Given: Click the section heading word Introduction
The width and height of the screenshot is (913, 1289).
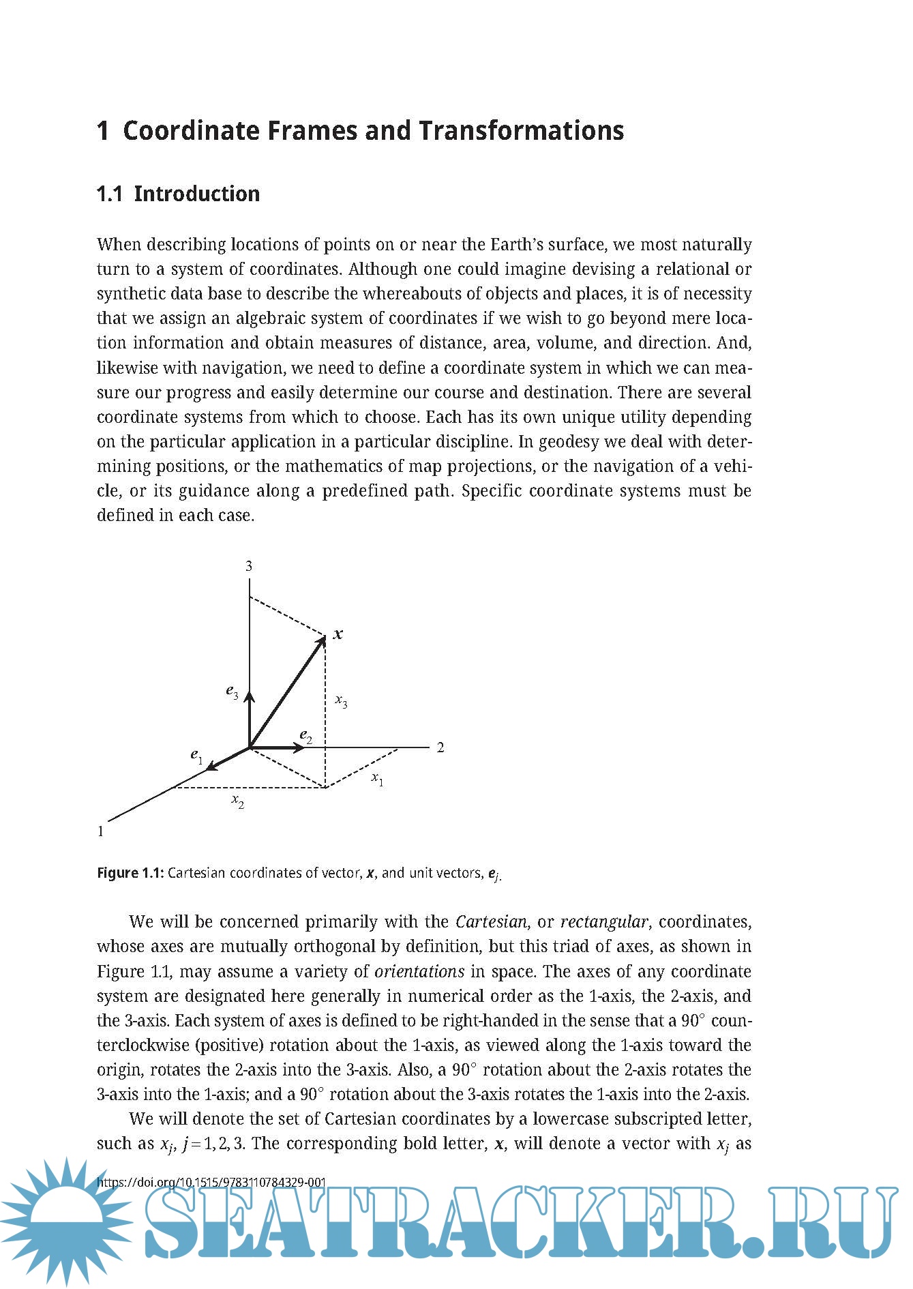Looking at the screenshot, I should pos(196,194).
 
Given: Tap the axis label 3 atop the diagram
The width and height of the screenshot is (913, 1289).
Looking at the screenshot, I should pos(249,566).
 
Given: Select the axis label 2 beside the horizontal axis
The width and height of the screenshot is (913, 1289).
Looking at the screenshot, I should pos(440,747).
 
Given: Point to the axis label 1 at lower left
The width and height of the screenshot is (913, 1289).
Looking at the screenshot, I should pos(101,831).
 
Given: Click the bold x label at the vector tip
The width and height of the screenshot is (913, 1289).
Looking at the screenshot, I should pos(338,634).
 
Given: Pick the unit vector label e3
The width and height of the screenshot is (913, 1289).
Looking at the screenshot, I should pos(233,692).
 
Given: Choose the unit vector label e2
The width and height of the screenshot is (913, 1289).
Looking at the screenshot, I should pos(306,736).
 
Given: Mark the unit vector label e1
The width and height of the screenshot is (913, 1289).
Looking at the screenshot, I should pos(196,756).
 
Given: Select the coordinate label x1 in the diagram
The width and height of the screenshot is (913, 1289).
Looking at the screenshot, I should pos(377,778).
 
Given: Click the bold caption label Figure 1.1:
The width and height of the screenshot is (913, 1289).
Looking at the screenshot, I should pos(130,873).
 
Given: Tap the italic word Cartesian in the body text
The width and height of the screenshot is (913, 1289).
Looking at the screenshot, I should pos(491,922).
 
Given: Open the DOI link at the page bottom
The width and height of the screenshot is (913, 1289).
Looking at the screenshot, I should pos(212,1182).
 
